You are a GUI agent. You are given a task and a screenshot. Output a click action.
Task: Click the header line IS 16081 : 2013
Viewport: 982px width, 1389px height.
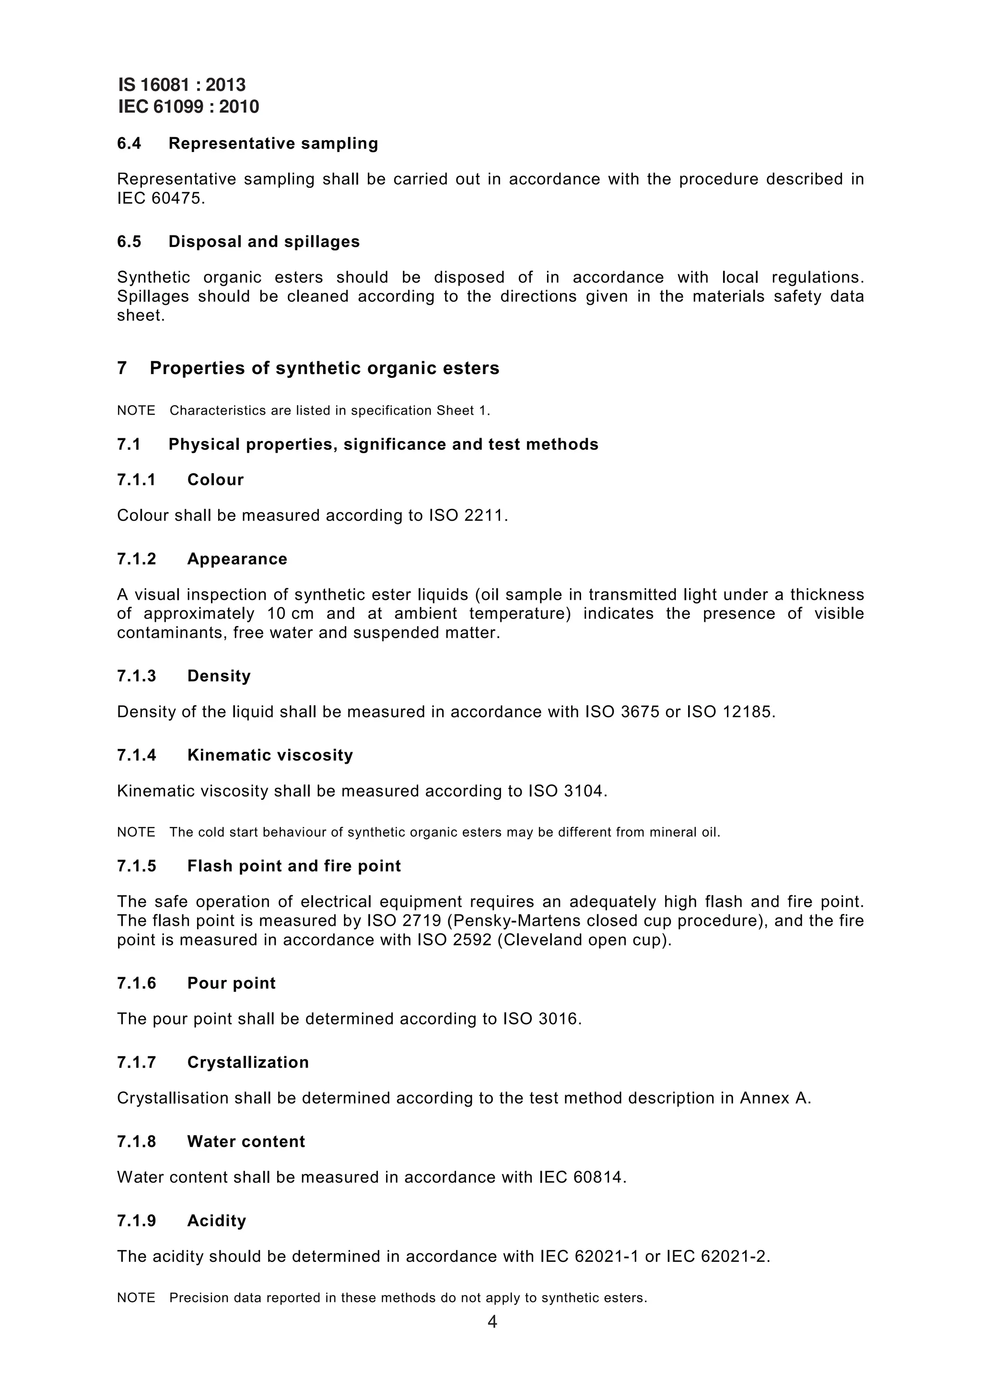tap(182, 85)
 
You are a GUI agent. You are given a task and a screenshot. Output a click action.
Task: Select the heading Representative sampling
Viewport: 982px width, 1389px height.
tap(273, 143)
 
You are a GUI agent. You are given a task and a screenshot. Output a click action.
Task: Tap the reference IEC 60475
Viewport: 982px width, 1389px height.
tap(160, 198)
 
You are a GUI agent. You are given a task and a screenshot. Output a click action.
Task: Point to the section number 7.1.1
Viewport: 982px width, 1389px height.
tap(136, 480)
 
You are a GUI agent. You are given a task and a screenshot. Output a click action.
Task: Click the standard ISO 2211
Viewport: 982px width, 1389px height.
tap(467, 515)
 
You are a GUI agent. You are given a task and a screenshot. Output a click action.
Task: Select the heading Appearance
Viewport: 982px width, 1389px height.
tap(237, 559)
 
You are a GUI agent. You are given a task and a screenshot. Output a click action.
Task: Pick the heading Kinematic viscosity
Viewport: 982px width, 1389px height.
tap(270, 755)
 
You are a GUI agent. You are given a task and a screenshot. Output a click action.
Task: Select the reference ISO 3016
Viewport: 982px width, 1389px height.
tap(541, 1019)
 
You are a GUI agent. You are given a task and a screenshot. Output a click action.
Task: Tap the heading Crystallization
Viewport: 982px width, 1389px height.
tap(248, 1062)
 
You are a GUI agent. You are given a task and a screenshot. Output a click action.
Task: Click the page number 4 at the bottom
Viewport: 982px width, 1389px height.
tap(492, 1322)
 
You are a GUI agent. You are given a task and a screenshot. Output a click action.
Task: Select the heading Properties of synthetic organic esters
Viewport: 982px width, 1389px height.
tap(324, 368)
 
